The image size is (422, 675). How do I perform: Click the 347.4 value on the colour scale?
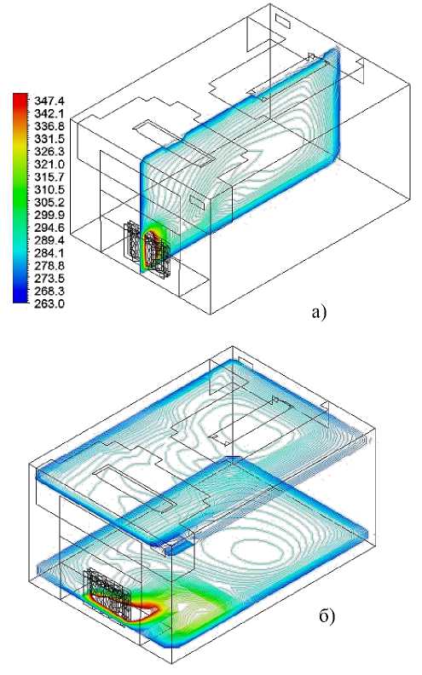pyautogui.click(x=49, y=101)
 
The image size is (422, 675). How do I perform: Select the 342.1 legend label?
pyautogui.click(x=49, y=113)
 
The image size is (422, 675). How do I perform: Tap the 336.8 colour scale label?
pyautogui.click(x=49, y=126)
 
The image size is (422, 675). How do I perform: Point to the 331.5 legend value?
pyautogui.click(x=49, y=139)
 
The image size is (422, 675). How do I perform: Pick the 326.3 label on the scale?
pyautogui.click(x=49, y=152)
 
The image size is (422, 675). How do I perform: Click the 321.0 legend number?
pyautogui.click(x=49, y=164)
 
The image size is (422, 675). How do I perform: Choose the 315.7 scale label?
pyautogui.click(x=49, y=177)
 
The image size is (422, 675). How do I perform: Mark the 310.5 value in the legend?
pyautogui.click(x=49, y=190)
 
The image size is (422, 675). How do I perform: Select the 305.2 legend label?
pyautogui.click(x=49, y=202)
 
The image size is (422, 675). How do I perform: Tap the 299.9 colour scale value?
pyautogui.click(x=49, y=216)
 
